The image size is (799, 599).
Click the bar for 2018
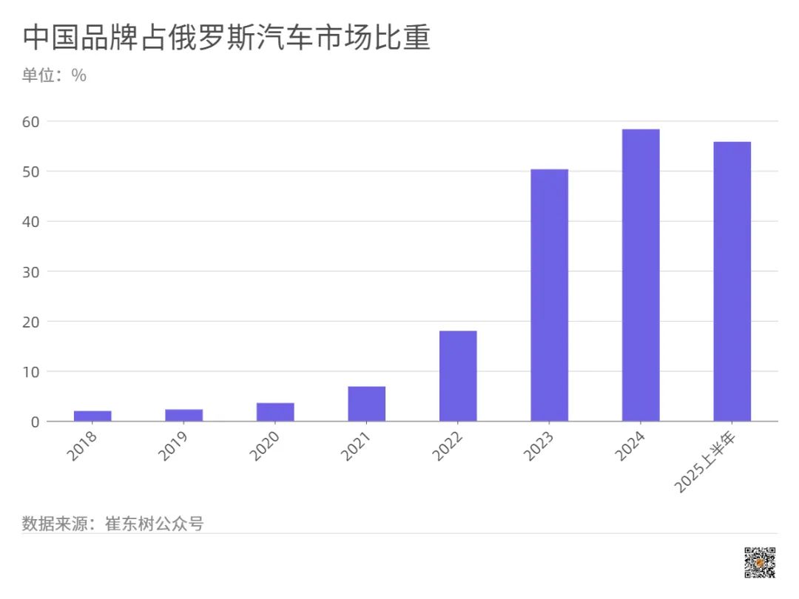[x=92, y=416]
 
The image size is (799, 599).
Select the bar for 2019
[x=184, y=416]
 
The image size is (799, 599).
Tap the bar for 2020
[x=275, y=412]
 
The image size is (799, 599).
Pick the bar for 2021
[x=367, y=404]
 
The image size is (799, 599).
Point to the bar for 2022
[x=458, y=376]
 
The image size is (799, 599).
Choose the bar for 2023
[x=550, y=295]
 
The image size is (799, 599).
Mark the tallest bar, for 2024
[x=641, y=275]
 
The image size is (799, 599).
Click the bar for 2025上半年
[x=732, y=281]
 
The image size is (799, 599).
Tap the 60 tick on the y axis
[x=33, y=121]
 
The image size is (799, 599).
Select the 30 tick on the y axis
[x=33, y=271]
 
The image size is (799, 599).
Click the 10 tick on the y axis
[x=33, y=371]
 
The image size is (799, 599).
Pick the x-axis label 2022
[x=449, y=445]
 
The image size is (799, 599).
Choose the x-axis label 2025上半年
[x=712, y=462]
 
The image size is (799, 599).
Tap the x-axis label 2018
[x=84, y=445]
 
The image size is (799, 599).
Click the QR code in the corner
[x=759, y=562]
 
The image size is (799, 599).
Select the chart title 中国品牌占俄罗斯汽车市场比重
[x=226, y=38]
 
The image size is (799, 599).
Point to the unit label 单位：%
[x=54, y=75]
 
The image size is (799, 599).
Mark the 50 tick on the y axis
[x=33, y=172]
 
